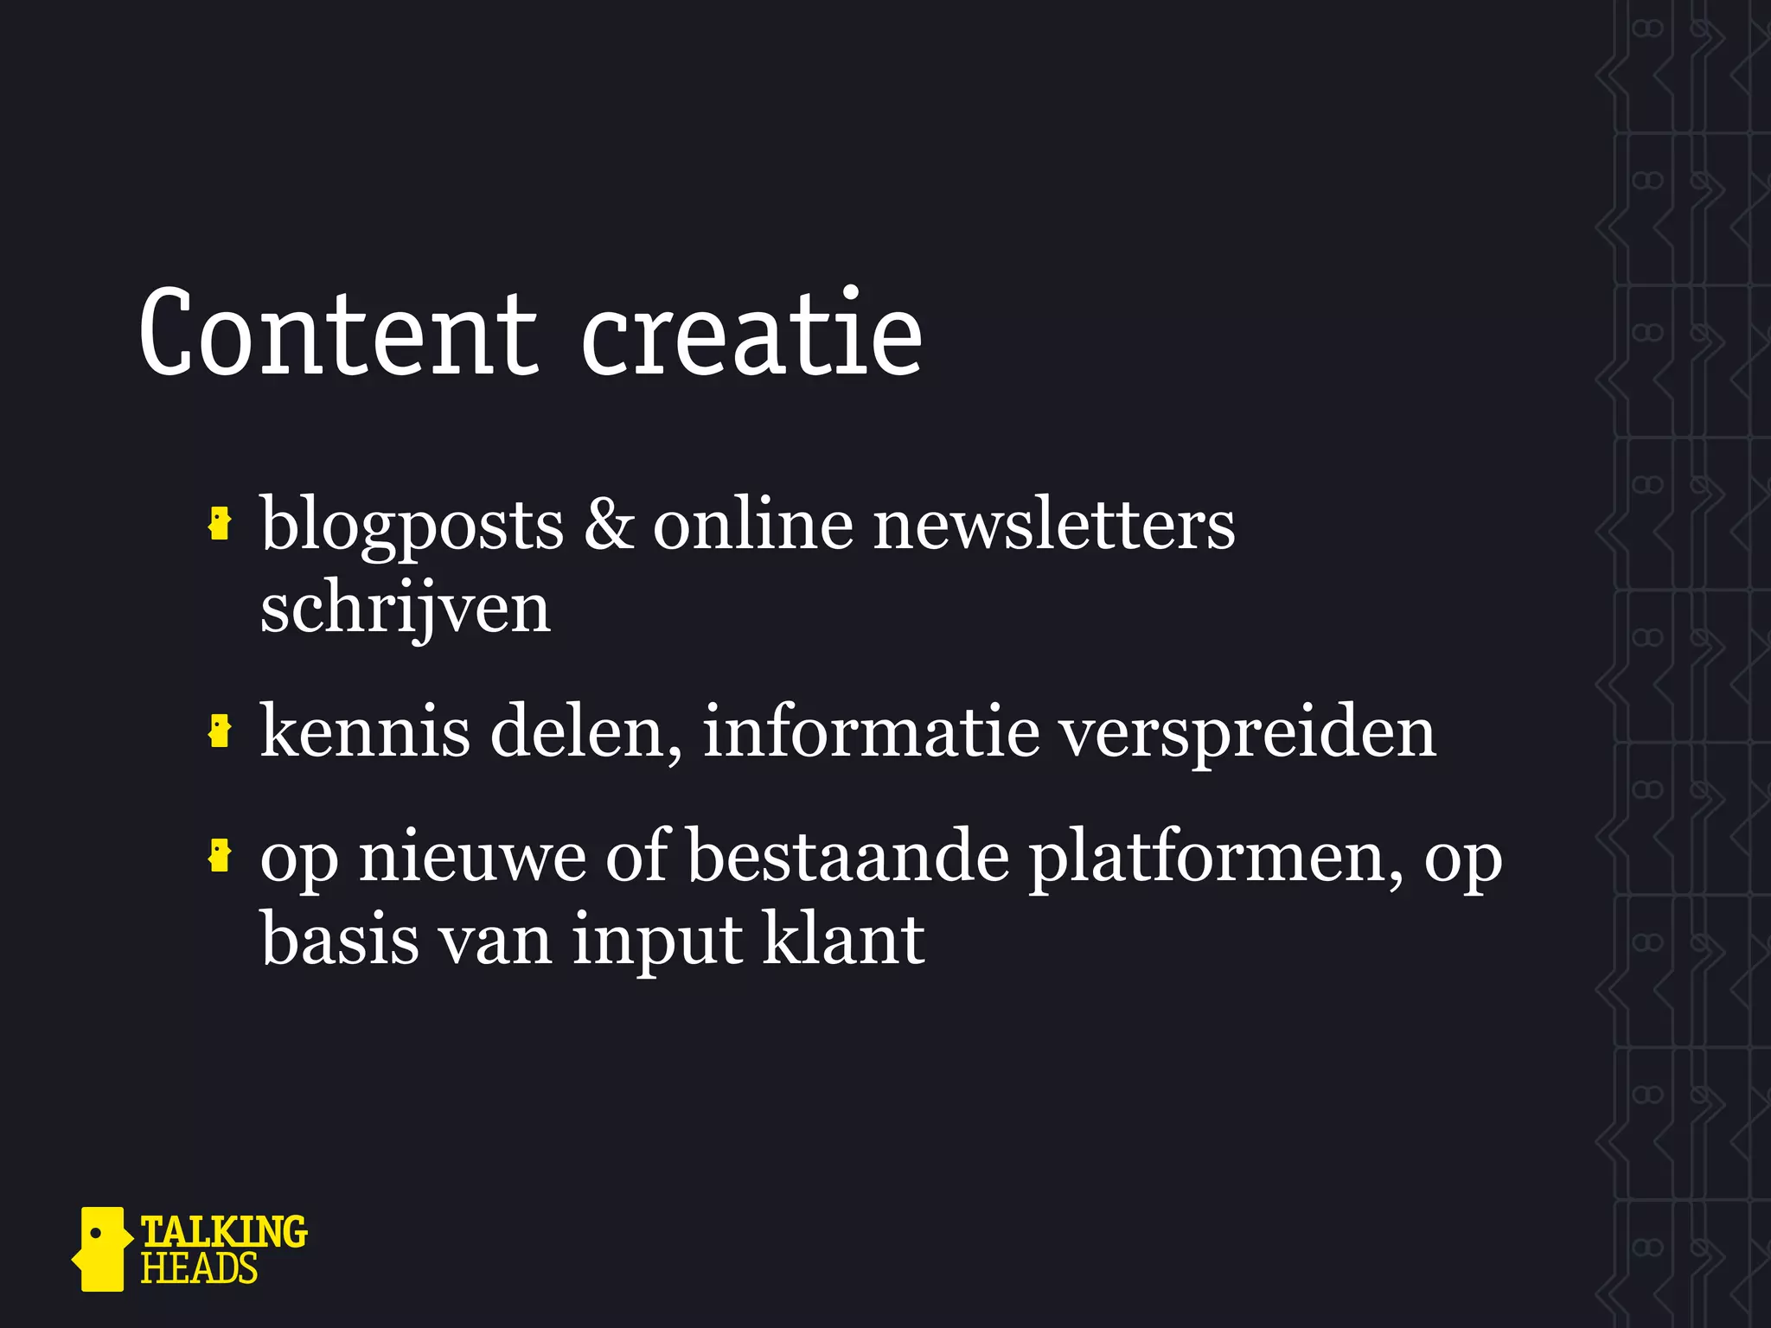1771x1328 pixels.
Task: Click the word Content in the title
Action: tap(337, 334)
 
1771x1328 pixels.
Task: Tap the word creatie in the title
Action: tap(751, 334)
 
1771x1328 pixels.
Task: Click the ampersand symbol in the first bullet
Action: tap(608, 524)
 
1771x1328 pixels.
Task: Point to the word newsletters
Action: tap(1054, 524)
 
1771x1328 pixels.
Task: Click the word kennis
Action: tap(365, 731)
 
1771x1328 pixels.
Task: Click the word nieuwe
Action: tap(472, 858)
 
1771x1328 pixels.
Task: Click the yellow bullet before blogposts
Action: tap(220, 524)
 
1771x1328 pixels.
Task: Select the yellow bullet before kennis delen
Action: tap(220, 731)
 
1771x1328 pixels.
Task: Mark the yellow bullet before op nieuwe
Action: tap(220, 856)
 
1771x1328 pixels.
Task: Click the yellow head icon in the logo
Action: tap(102, 1248)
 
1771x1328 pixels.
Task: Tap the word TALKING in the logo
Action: tap(223, 1231)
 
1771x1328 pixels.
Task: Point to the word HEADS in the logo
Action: tap(199, 1269)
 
